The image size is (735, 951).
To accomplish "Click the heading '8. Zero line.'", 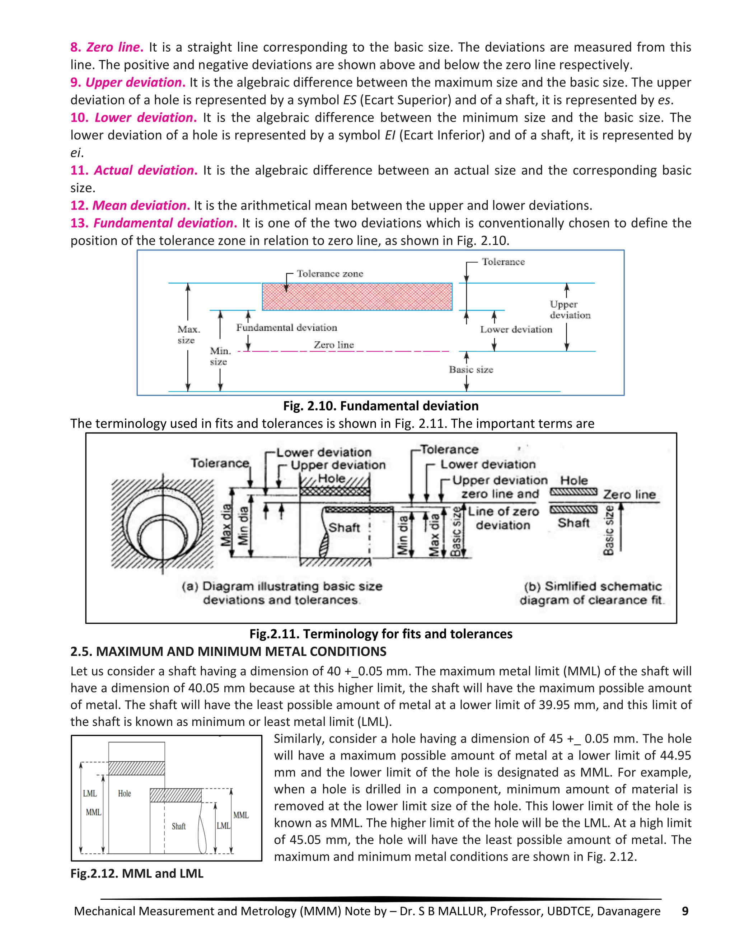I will click(x=107, y=47).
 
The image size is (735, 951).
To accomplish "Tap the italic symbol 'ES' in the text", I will click(x=350, y=100).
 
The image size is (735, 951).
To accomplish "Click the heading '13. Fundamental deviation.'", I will click(x=154, y=223).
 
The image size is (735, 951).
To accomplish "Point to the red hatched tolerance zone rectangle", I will click(x=357, y=296).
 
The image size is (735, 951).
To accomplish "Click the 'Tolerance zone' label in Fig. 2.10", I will click(x=329, y=273).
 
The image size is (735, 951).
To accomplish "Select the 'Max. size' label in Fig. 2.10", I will click(x=188, y=334).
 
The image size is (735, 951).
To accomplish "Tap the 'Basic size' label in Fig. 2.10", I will click(x=471, y=370).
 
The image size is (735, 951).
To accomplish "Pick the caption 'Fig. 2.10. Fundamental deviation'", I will click(x=380, y=406).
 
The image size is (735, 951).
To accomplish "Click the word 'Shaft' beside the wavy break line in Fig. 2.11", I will click(x=344, y=528).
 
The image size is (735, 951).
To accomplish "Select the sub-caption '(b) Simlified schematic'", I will click(x=592, y=586).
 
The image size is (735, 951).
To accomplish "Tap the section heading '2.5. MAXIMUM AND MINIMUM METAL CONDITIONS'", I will click(x=228, y=651).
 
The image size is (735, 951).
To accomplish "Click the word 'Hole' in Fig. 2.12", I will click(x=124, y=793).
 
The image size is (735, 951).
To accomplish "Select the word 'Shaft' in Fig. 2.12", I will click(x=178, y=826).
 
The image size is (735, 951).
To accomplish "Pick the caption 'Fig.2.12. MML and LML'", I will click(x=137, y=873).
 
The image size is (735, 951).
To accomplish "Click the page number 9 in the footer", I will click(x=684, y=911).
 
